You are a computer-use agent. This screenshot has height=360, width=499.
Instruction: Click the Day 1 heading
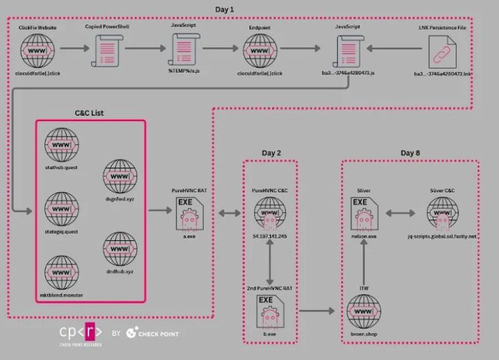[225, 9]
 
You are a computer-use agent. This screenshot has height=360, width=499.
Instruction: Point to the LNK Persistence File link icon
[442, 49]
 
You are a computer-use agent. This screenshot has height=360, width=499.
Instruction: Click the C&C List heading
[89, 113]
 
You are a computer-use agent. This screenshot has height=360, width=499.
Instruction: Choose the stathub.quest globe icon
[62, 144]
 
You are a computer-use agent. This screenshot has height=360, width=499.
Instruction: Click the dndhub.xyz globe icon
[120, 248]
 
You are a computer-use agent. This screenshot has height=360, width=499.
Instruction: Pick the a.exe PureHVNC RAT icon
[189, 212]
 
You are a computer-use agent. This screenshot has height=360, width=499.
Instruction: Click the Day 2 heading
[271, 153]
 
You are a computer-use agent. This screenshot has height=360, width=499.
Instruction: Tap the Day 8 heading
[411, 153]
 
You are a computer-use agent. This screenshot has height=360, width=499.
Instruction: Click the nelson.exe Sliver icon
[363, 212]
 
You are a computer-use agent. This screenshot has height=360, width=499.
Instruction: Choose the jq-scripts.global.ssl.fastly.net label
[442, 236]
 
